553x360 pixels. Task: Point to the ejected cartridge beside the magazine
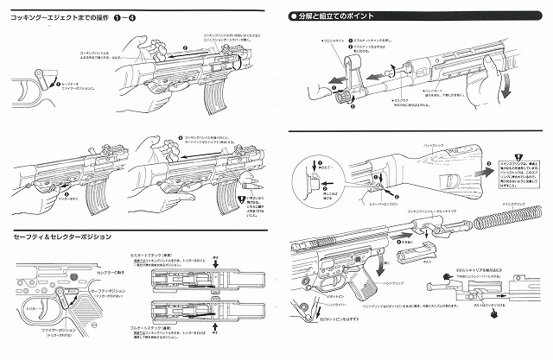point(251,182)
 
